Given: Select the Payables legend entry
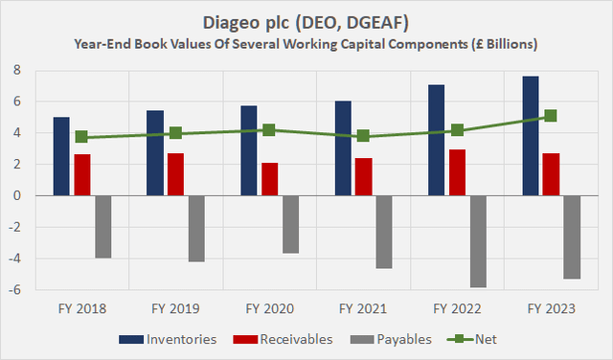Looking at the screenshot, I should pos(401,338).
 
